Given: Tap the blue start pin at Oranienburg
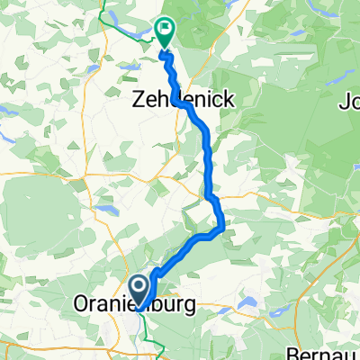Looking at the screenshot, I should tap(140, 291).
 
